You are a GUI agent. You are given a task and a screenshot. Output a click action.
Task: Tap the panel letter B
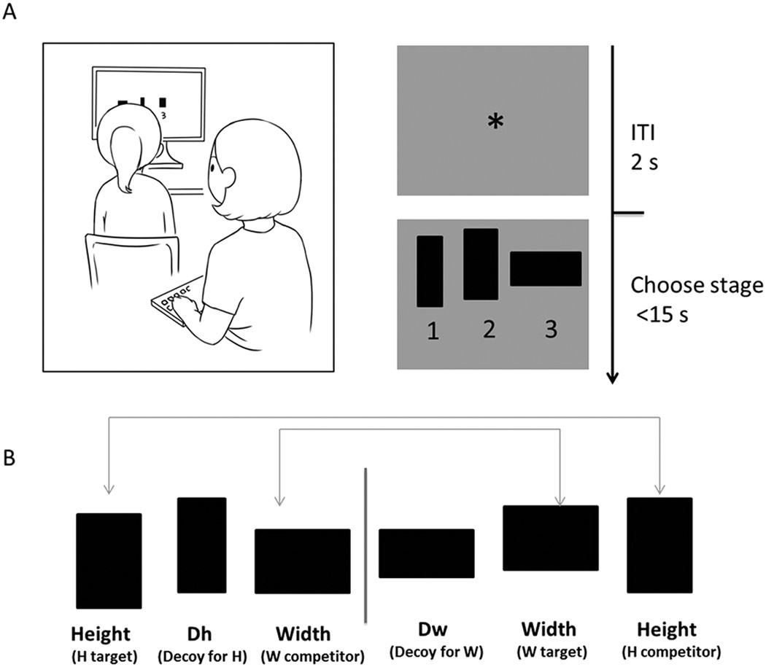tap(10, 461)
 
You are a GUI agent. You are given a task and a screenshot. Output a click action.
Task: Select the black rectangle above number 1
tap(430, 270)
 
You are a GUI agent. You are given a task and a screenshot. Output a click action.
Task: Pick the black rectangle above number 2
tap(480, 264)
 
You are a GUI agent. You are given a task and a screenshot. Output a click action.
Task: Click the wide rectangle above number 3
tap(545, 268)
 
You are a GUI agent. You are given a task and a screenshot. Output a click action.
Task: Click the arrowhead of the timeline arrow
tap(613, 376)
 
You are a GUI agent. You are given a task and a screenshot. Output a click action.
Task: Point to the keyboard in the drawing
tap(175, 299)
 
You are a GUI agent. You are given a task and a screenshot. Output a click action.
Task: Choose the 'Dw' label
tap(426, 631)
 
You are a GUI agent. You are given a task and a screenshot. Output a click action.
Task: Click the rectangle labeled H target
tap(109, 561)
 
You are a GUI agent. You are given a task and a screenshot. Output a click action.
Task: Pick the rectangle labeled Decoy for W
tap(426, 553)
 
